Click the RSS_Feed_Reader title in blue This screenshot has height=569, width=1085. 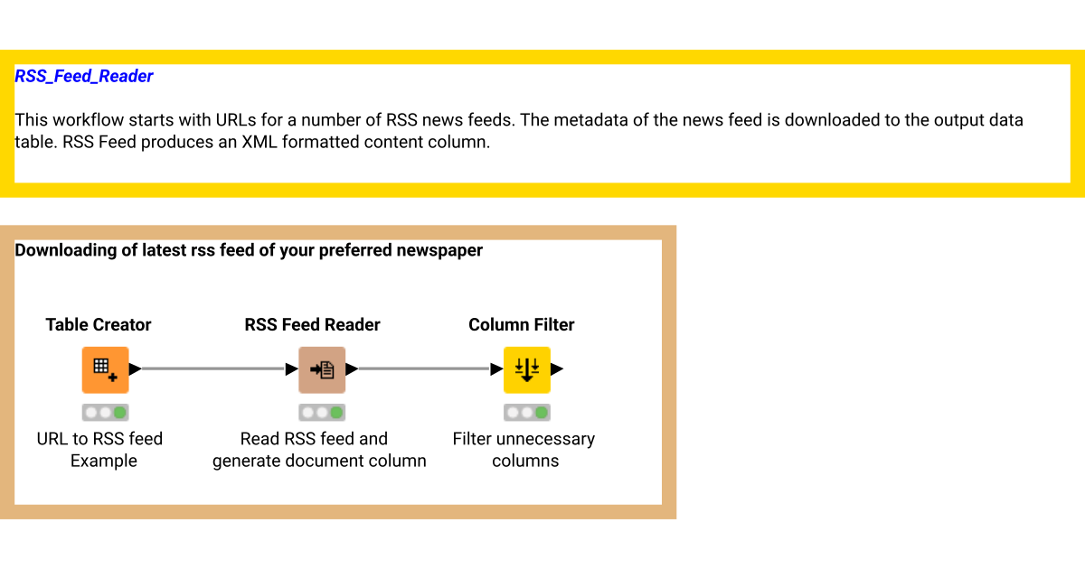coord(84,77)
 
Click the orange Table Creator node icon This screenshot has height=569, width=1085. coord(105,369)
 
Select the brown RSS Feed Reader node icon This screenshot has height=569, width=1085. coord(322,369)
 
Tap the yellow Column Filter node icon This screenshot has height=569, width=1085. coord(526,369)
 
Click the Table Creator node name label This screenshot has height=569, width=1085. coord(99,325)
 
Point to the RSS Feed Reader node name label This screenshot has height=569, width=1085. coord(312,325)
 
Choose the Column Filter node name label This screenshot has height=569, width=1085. coord(521,325)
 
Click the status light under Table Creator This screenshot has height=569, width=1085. coord(105,413)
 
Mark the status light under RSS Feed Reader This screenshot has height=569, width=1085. coord(322,413)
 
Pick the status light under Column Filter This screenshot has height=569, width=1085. coord(526,413)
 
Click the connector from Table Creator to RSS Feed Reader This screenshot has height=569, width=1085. coord(213,368)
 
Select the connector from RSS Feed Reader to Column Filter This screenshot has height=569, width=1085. coord(424,368)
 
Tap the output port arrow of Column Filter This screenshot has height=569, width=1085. coord(557,368)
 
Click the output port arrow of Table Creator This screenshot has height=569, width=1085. coord(135,368)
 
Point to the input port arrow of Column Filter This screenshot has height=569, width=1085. coord(496,368)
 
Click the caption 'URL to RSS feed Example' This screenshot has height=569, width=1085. coord(99,450)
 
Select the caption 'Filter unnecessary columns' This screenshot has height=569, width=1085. coord(524,450)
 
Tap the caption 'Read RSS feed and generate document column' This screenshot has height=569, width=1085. coord(318,450)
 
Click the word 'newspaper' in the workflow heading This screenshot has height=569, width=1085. coord(439,250)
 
